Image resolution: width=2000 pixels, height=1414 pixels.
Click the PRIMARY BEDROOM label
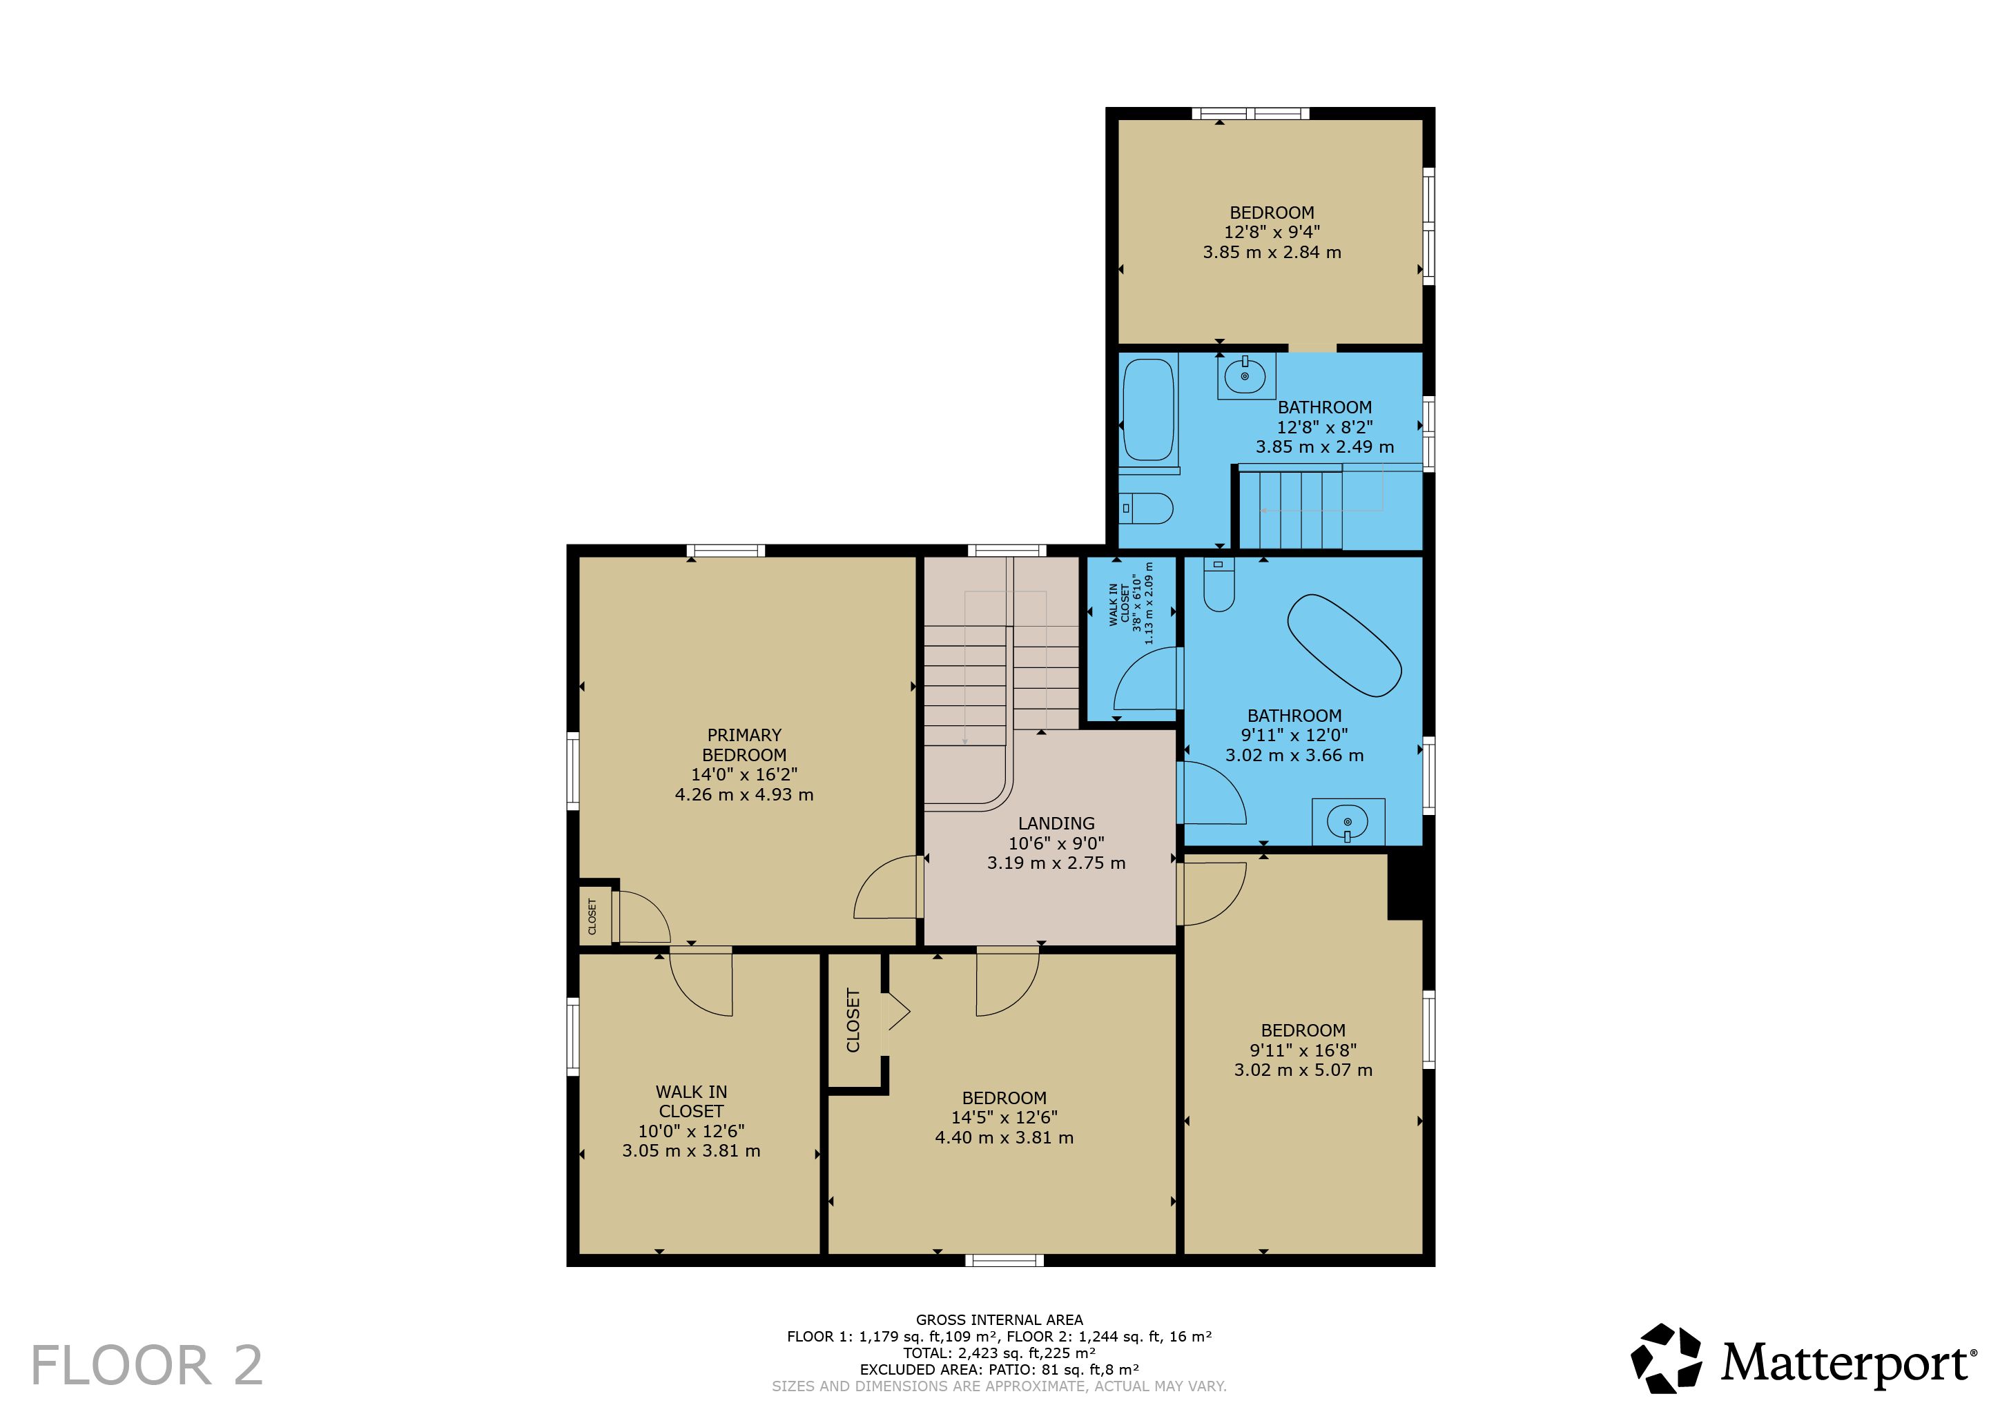pyautogui.click(x=744, y=745)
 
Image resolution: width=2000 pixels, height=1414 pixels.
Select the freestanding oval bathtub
pyautogui.click(x=1344, y=645)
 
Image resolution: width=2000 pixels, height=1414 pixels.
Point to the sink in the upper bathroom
pyautogui.click(x=1245, y=375)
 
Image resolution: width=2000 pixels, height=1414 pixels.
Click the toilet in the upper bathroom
pyautogui.click(x=1146, y=508)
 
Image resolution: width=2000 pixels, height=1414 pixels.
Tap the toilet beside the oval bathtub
pyautogui.click(x=1219, y=583)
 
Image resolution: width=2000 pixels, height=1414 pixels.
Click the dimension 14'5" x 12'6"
pyautogui.click(x=1004, y=1117)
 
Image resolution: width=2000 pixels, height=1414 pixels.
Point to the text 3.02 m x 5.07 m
pyautogui.click(x=1303, y=1070)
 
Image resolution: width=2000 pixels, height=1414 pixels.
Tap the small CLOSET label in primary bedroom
pyautogui.click(x=592, y=916)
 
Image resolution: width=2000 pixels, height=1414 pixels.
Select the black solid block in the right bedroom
pyautogui.click(x=1405, y=885)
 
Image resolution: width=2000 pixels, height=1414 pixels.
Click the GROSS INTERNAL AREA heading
pyautogui.click(x=999, y=1320)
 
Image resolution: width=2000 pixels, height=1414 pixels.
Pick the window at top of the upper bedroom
pyautogui.click(x=1250, y=113)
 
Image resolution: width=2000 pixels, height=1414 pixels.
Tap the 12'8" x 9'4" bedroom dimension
pyautogui.click(x=1272, y=232)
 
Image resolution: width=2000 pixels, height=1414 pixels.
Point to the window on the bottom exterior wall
pyautogui.click(x=1004, y=1260)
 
